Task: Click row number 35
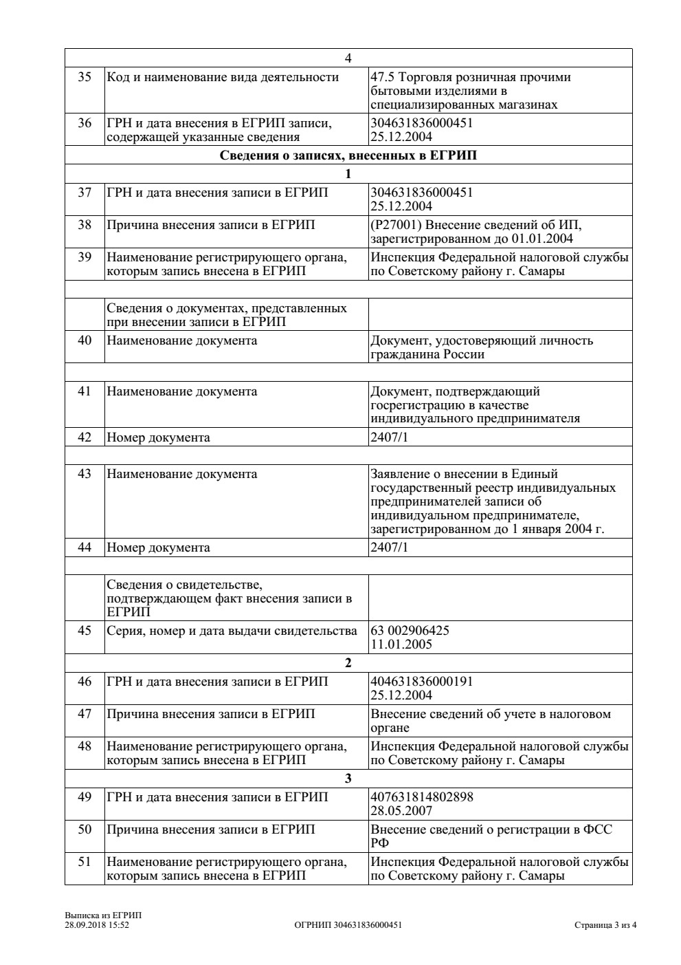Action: pyautogui.click(x=85, y=77)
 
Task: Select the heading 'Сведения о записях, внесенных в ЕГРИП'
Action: pyautogui.click(x=348, y=155)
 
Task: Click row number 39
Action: pyautogui.click(x=85, y=257)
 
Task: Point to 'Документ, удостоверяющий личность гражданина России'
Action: pyautogui.click(x=481, y=347)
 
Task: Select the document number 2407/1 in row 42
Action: pyautogui.click(x=389, y=437)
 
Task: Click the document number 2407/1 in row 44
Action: pyautogui.click(x=389, y=547)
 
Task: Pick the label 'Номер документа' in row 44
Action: pyautogui.click(x=158, y=547)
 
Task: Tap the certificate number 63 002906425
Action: pyautogui.click(x=410, y=631)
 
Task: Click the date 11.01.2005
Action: pyautogui.click(x=401, y=644)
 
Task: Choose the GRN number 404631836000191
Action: pyautogui.click(x=422, y=682)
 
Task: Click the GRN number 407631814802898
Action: pyautogui.click(x=422, y=797)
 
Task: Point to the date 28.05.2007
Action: pyautogui.click(x=401, y=810)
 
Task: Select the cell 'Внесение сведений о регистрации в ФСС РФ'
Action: pyautogui.click(x=491, y=836)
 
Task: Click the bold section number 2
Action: pyautogui.click(x=348, y=663)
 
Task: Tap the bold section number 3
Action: pyautogui.click(x=348, y=779)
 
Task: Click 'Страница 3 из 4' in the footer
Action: pyautogui.click(x=605, y=925)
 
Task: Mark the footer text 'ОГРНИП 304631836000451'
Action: pyautogui.click(x=348, y=925)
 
